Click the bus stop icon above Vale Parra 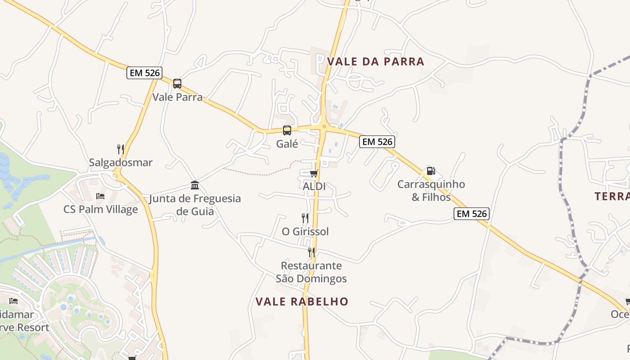point(177,84)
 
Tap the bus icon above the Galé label point(287,130)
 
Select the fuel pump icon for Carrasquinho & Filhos point(431,171)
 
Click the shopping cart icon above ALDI point(314,173)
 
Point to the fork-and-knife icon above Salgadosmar point(121,149)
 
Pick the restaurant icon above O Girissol point(305,218)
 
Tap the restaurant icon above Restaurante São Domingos point(311,252)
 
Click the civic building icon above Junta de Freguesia point(195,185)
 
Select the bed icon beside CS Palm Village point(100,196)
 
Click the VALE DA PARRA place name point(376,62)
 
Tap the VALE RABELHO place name point(302,301)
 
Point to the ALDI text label point(314,186)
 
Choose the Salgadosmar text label point(121,162)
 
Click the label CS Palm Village point(100,209)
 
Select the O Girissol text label point(305,231)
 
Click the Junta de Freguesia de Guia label point(195,205)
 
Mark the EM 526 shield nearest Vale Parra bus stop point(144,73)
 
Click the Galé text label point(287,144)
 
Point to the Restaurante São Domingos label point(311,272)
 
